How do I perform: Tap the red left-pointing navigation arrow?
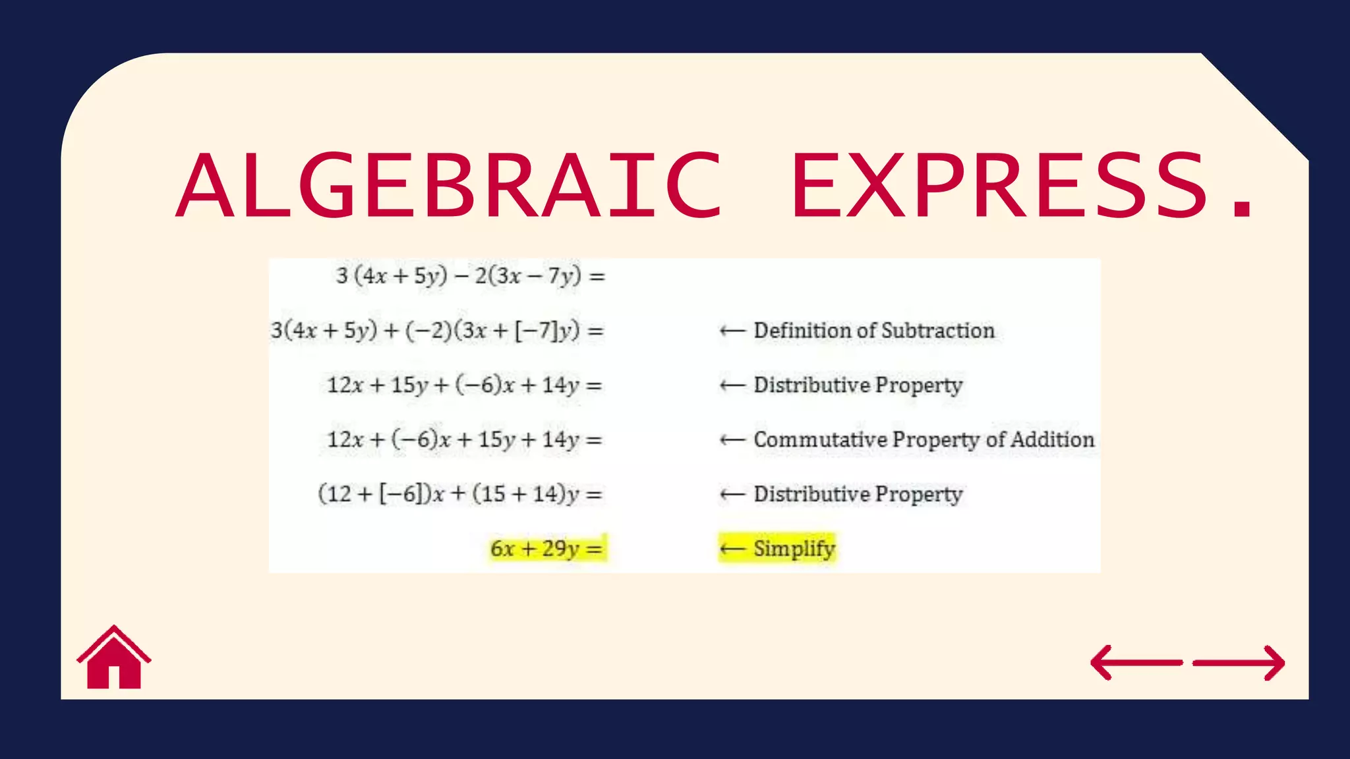1136,662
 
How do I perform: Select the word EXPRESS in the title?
999,185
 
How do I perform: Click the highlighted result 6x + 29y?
546,548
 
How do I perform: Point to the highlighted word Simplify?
794,548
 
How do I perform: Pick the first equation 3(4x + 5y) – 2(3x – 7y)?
469,275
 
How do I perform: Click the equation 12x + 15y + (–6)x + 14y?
464,385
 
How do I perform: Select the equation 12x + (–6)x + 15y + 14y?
464,439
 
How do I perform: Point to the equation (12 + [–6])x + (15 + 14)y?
459,493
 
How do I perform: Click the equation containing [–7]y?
437,331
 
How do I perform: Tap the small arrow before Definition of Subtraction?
732,331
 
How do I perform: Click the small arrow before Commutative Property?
732,439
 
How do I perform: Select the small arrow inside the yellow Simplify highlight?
732,548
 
